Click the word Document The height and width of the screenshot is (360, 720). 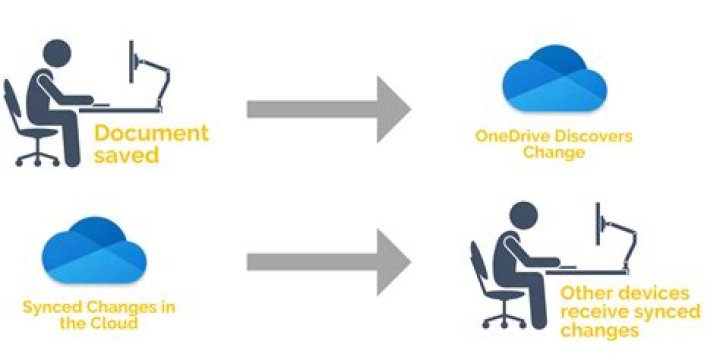(151, 133)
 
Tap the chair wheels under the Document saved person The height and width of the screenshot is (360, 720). (37, 160)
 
